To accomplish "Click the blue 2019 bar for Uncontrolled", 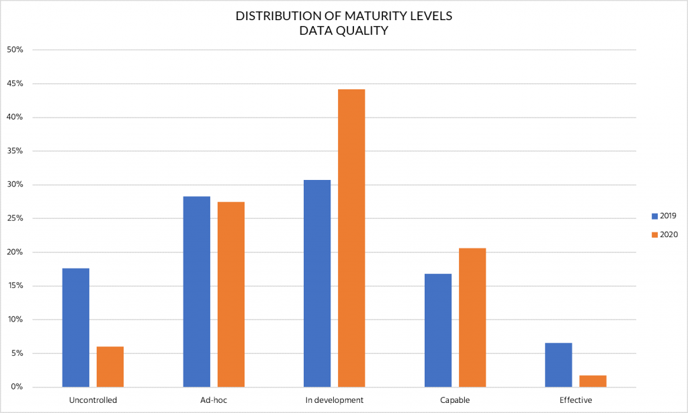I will [x=76, y=327].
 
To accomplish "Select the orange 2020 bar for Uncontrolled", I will [x=110, y=367].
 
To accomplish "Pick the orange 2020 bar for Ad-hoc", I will [x=231, y=294].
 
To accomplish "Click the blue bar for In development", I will [x=317, y=283].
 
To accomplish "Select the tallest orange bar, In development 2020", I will [x=351, y=238].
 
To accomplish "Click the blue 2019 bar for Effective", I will [x=558, y=365].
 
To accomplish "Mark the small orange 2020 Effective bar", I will [x=593, y=381].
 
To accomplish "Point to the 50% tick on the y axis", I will [x=15, y=50].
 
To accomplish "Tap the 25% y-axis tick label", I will [x=15, y=218].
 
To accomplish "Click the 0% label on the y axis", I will [x=17, y=387].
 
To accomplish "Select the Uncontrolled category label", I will [x=93, y=400].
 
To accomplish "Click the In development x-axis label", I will [x=334, y=400].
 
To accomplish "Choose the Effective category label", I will [x=576, y=400].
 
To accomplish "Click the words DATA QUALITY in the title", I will [x=343, y=31].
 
